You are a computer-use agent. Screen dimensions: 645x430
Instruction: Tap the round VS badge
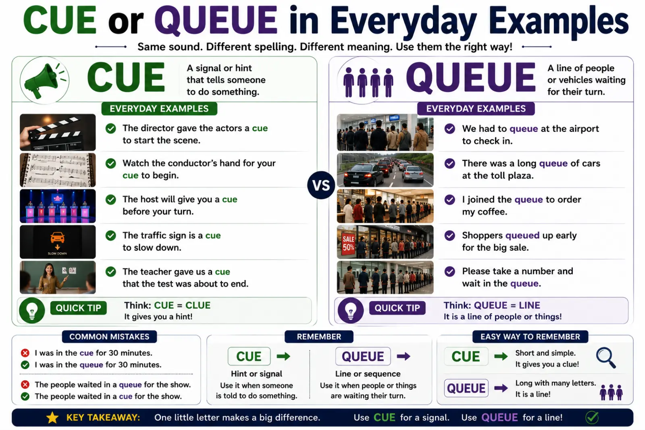(321, 185)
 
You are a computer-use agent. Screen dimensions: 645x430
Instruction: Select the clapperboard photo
(58, 132)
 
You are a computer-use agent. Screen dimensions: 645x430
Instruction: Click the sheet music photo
(58, 170)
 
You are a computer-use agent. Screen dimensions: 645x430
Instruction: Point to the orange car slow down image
(58, 242)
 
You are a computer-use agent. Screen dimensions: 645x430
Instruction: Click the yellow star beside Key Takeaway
(52, 418)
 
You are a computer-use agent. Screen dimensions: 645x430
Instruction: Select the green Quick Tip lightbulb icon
(32, 311)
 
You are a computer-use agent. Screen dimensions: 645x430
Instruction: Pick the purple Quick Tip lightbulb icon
(350, 311)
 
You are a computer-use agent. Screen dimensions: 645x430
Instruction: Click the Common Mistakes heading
(109, 337)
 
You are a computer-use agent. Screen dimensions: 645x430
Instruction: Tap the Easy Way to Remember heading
(530, 337)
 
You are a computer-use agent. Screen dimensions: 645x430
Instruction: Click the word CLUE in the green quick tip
(198, 305)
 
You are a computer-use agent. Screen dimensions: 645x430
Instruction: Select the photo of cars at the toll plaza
(385, 170)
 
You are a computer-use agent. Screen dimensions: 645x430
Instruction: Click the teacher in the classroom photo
(50, 278)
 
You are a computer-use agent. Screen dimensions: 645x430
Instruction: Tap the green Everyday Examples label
(159, 108)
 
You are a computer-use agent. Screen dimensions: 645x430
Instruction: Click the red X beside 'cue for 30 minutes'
(25, 353)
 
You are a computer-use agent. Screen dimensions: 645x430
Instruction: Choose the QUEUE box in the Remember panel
(363, 356)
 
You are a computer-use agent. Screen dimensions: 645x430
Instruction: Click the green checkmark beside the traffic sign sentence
(110, 235)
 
